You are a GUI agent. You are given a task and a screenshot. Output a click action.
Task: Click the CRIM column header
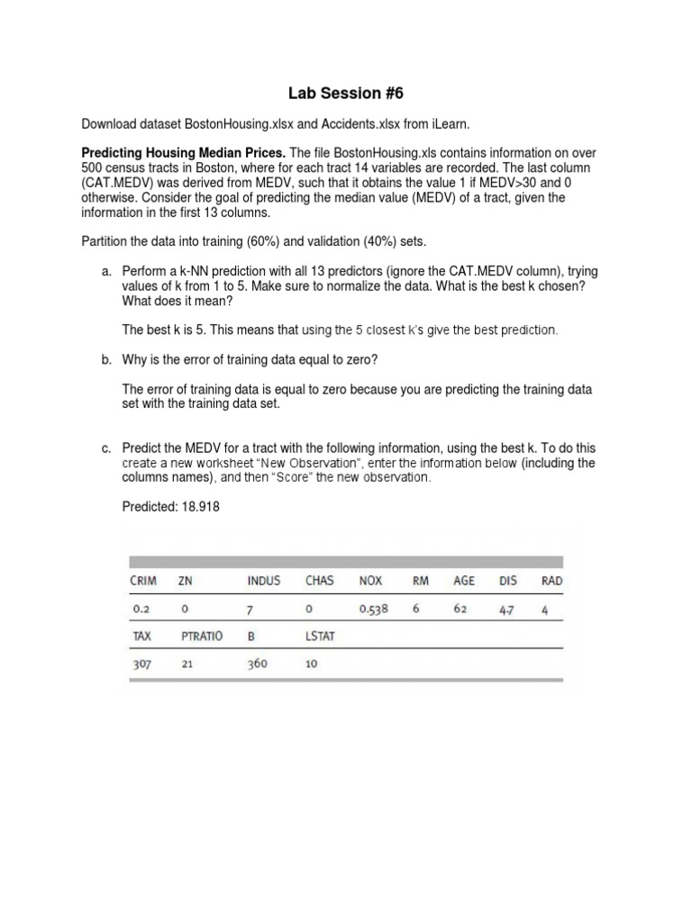point(143,581)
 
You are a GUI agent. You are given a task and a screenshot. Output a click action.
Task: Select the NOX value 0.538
point(373,609)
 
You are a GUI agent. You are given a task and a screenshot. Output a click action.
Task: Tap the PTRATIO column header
point(203,637)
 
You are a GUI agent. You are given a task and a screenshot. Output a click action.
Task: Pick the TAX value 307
point(142,665)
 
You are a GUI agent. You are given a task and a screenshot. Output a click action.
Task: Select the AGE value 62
point(460,609)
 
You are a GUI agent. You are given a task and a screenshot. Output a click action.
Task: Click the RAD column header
point(551,581)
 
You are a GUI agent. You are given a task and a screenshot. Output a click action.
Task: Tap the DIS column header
point(508,581)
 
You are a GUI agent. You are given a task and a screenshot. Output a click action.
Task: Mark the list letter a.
point(104,271)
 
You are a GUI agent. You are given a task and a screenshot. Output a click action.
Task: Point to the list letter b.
point(104,359)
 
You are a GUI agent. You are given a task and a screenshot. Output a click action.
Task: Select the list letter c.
point(104,447)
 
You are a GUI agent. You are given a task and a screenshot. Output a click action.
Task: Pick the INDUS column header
point(263,581)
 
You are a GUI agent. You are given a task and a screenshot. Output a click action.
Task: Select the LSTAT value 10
point(312,665)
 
